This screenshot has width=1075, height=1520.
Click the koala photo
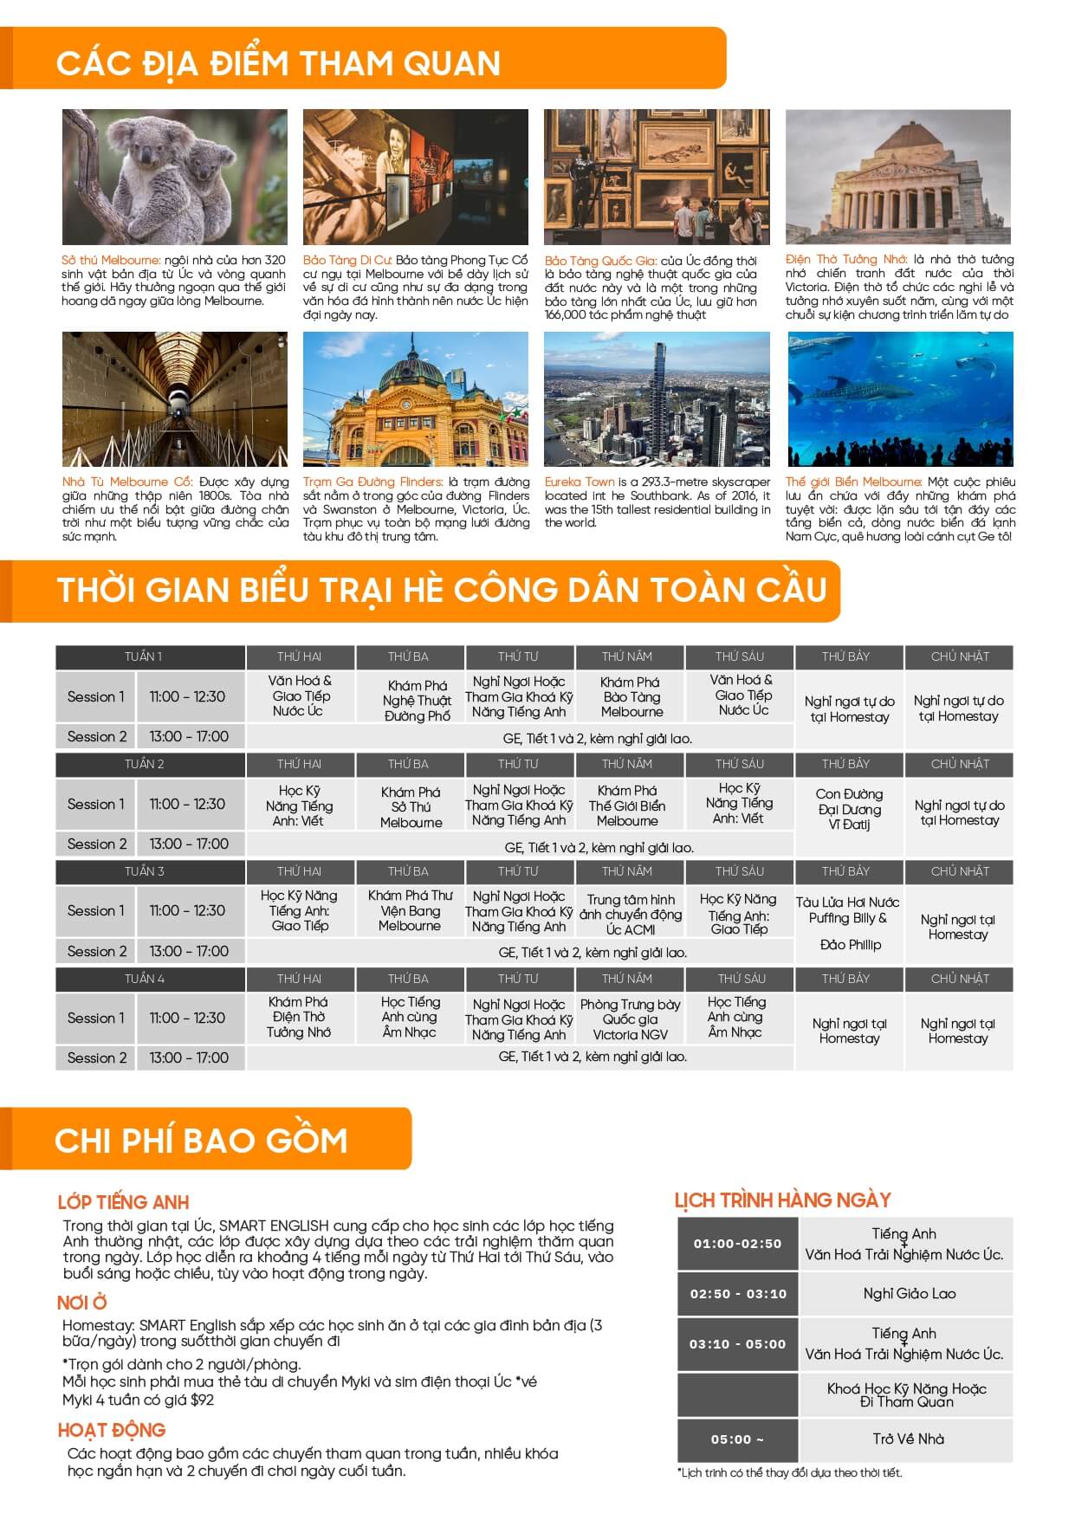pyautogui.click(x=174, y=177)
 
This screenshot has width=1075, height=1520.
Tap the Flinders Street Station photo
pyautogui.click(x=415, y=399)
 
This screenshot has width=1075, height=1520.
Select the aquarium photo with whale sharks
pyautogui.click(x=900, y=399)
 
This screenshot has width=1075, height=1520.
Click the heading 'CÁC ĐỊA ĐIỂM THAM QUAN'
pyautogui.click(x=278, y=63)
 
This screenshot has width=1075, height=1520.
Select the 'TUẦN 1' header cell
pyautogui.click(x=144, y=657)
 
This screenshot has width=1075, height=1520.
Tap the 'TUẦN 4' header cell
pyautogui.click(x=144, y=979)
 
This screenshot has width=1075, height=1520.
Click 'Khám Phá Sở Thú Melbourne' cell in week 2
pyautogui.click(x=411, y=807)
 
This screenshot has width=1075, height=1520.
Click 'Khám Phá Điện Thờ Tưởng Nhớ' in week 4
pyautogui.click(x=299, y=1017)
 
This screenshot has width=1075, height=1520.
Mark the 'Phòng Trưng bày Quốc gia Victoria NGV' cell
pyautogui.click(x=630, y=1019)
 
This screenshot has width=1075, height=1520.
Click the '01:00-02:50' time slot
pyautogui.click(x=737, y=1244)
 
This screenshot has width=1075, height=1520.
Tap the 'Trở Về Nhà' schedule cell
pyautogui.click(x=908, y=1439)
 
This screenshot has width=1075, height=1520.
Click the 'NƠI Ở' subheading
pyautogui.click(x=82, y=1303)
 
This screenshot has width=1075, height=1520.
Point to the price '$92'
pyautogui.click(x=202, y=1400)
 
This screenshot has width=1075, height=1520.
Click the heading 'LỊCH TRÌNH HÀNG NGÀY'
pyautogui.click(x=782, y=1200)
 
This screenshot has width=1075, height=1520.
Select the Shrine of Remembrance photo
pyautogui.click(x=897, y=177)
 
